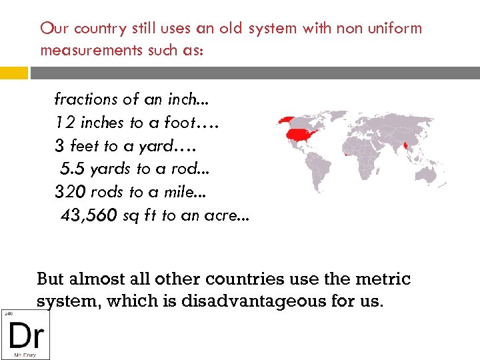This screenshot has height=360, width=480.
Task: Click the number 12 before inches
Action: [65, 122]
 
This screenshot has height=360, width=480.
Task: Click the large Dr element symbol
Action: [25, 335]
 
